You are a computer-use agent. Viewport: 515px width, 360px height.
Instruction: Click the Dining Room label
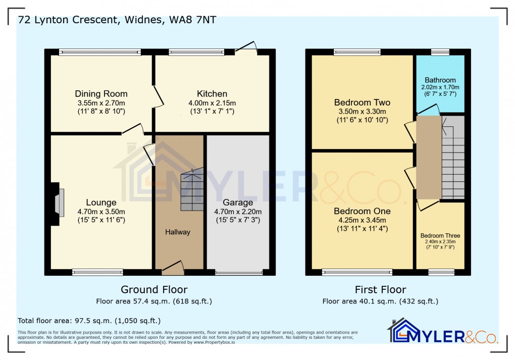(101, 93)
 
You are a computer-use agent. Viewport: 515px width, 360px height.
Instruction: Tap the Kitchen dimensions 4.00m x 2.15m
(212, 102)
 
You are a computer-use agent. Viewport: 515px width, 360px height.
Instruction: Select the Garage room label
(238, 202)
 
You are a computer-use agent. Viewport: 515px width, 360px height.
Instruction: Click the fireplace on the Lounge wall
(57, 202)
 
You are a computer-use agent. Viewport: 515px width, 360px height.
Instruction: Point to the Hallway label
(178, 232)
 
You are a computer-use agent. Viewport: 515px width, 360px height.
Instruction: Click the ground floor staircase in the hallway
(192, 189)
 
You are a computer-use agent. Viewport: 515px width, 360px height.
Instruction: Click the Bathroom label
(440, 80)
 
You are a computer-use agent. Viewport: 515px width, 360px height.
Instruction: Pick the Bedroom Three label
(440, 236)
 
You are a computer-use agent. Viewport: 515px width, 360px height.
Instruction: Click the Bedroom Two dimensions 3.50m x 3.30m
(363, 112)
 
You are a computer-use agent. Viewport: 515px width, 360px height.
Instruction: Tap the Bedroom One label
(362, 211)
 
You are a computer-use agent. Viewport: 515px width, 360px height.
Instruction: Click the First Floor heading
(380, 290)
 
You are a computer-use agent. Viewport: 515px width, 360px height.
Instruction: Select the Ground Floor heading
(154, 290)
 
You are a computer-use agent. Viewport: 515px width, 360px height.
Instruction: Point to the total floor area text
(89, 321)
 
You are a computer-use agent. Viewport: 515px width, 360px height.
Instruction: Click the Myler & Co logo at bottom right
(443, 331)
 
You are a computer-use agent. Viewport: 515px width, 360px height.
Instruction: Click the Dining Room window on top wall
(99, 52)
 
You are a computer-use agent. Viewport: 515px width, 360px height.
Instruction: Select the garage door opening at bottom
(239, 273)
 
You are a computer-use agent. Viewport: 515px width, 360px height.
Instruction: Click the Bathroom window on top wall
(440, 52)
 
